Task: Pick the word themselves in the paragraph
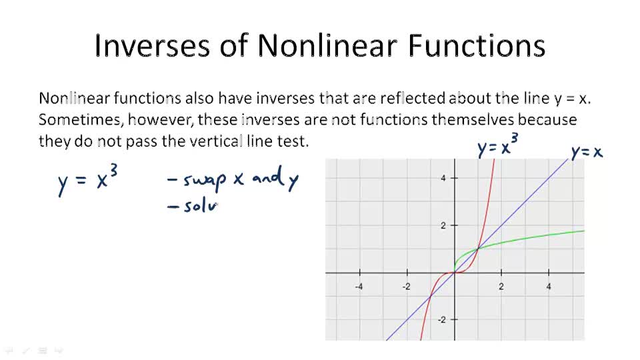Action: tap(473, 120)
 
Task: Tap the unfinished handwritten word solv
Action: tap(201, 207)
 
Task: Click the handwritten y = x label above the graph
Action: tap(587, 153)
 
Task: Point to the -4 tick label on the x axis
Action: tap(359, 287)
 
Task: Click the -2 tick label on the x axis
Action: tap(406, 287)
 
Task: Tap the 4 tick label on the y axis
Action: tap(443, 178)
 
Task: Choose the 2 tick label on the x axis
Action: tap(501, 287)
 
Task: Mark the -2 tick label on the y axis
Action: tap(441, 320)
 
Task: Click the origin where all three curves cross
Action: tap(454, 273)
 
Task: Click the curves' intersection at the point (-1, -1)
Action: tap(430, 297)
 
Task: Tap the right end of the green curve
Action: tap(583, 231)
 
